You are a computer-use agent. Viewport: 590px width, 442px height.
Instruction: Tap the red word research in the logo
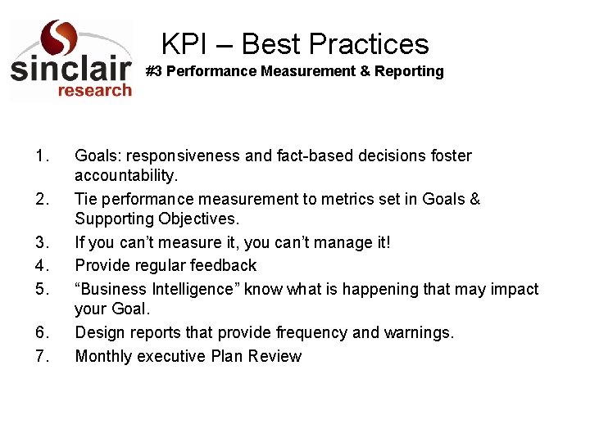pyautogui.click(x=94, y=89)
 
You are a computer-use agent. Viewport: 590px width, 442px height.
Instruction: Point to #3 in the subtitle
pyautogui.click(x=154, y=71)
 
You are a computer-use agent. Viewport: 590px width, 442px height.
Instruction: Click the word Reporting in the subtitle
pyautogui.click(x=409, y=71)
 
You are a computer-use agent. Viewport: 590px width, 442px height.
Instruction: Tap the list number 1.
pyautogui.click(x=43, y=156)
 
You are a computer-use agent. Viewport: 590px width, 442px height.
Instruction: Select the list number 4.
pyautogui.click(x=43, y=265)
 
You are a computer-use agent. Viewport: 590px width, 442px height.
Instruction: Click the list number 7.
pyautogui.click(x=43, y=356)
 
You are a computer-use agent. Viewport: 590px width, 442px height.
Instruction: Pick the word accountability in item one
pyautogui.click(x=124, y=175)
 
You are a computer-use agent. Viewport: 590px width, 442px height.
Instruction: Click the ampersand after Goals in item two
pyautogui.click(x=475, y=199)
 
